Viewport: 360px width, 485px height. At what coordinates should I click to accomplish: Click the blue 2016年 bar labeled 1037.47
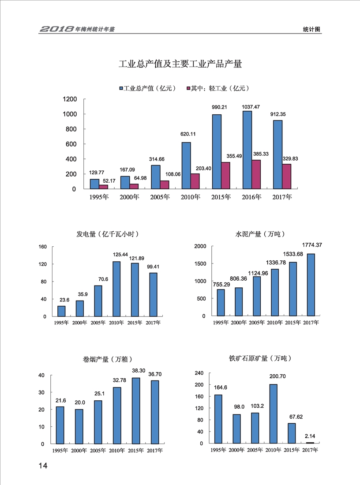pos(247,150)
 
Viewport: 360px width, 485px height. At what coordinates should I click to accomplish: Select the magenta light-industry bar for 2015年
pos(225,176)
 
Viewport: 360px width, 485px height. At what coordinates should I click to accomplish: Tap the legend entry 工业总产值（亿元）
pos(147,88)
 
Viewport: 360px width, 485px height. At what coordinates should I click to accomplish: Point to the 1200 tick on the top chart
pos(70,99)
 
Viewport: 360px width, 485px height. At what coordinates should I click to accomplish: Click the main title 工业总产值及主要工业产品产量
pos(180,64)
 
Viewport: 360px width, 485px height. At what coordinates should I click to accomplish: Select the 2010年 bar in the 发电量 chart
pos(116,289)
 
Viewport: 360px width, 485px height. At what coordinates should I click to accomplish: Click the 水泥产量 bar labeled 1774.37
pos(311,285)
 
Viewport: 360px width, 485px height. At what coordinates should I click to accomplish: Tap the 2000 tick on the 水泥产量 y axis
pos(199,246)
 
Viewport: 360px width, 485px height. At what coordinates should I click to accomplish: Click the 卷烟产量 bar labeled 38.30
pos(136,411)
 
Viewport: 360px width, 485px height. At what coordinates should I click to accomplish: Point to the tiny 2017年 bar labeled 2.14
pos(311,442)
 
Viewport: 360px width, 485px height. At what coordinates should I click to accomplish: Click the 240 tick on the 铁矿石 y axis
pos(199,373)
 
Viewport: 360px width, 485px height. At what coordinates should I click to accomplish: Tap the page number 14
pos(43,466)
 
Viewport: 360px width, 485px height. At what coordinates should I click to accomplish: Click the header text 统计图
pos(311,29)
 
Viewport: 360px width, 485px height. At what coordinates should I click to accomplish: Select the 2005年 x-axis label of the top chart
pos(160,197)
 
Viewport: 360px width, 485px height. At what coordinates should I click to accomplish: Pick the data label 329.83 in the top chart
pos(290,158)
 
